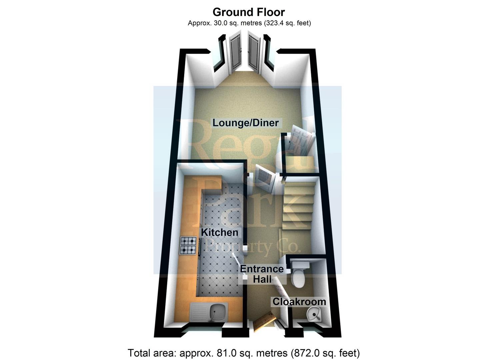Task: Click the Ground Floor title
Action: (249, 12)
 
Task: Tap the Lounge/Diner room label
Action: (246, 123)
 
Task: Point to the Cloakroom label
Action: (299, 302)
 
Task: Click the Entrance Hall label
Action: (262, 274)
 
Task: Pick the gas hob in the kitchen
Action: (188, 246)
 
